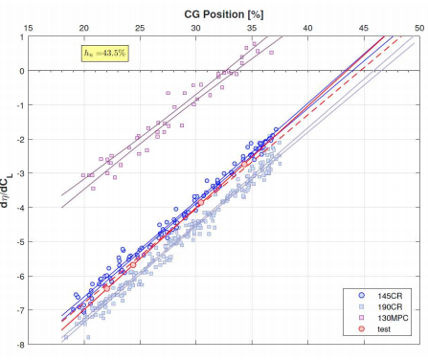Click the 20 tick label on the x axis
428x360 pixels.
click(84, 29)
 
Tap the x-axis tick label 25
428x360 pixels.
click(140, 29)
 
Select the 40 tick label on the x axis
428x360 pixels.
click(308, 29)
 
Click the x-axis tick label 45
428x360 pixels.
click(364, 29)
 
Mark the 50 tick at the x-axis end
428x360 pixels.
click(418, 29)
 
